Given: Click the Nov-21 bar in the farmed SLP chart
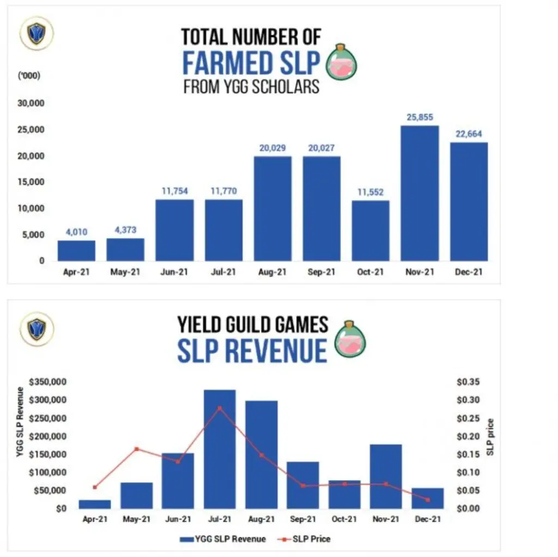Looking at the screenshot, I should coord(420,193).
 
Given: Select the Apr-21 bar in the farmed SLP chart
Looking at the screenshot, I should coord(76,250).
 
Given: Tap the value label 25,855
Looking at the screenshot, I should coord(420,117).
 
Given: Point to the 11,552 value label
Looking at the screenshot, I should coord(371,192).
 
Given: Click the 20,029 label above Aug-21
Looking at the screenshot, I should coord(272,148).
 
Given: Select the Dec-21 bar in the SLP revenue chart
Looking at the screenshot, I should coord(428,498).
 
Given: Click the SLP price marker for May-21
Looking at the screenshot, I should coord(137,449).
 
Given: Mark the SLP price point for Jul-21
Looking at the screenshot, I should coord(220,408).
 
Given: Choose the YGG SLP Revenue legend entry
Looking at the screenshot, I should coord(223,539).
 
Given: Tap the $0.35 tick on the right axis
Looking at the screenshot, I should coord(468,382).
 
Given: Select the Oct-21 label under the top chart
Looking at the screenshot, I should coord(371,271).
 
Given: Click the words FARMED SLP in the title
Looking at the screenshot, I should coord(251,63).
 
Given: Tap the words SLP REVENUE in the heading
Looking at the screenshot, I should coord(252,350).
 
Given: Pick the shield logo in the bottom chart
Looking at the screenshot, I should coord(37,328).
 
